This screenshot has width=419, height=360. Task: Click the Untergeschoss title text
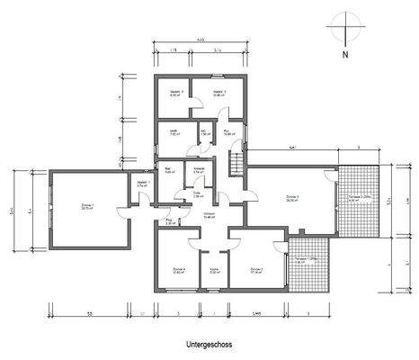(x=209, y=345)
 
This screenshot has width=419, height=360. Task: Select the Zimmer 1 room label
(x=87, y=207)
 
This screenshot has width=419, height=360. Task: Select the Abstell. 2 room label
(x=218, y=93)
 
